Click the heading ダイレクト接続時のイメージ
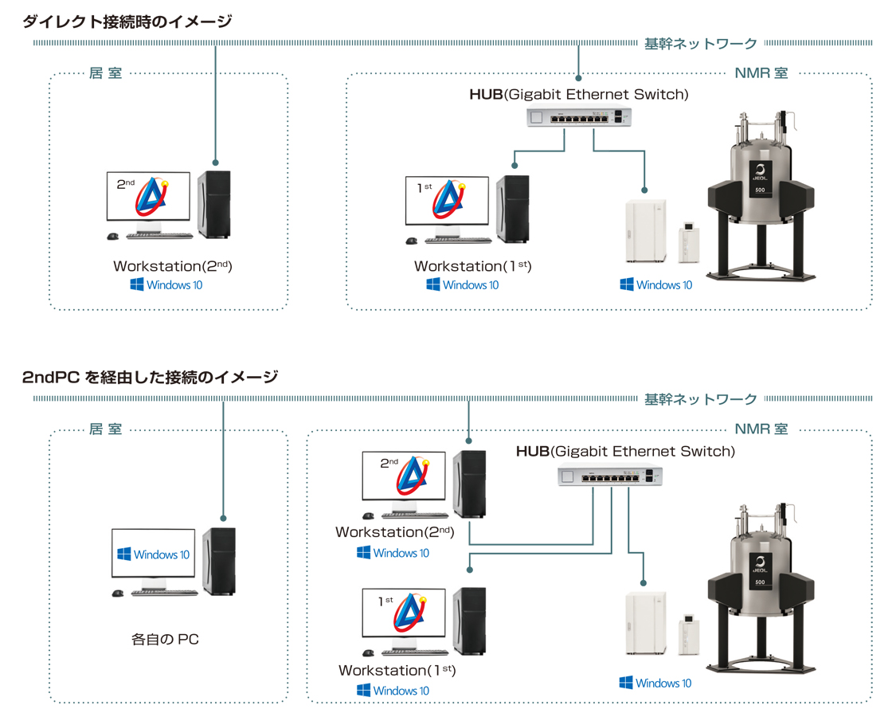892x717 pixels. [x=127, y=22]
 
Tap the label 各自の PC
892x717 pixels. [x=165, y=639]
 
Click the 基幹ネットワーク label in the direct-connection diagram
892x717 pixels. [x=700, y=44]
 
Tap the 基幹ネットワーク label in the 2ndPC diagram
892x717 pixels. [x=700, y=398]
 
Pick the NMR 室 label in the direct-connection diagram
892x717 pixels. [x=761, y=73]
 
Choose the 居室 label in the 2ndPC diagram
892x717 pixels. [x=106, y=429]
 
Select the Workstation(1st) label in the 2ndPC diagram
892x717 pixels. [x=397, y=671]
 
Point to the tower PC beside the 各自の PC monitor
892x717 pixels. [x=218, y=562]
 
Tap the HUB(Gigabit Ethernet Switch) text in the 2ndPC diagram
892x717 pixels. [x=625, y=452]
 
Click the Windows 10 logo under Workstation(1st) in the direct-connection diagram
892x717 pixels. [x=463, y=285]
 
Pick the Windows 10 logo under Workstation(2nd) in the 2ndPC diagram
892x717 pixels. [x=393, y=553]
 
